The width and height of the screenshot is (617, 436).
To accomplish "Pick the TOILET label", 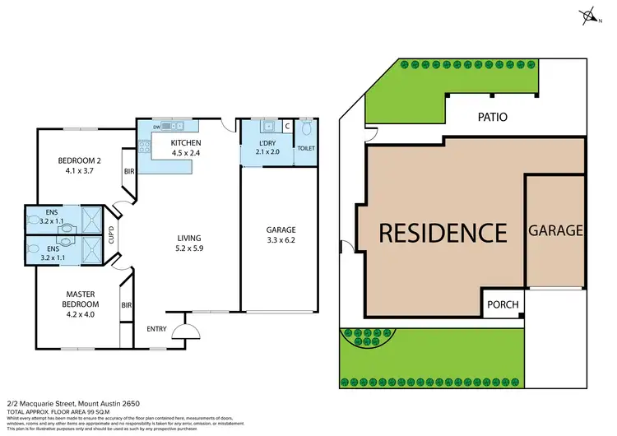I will click(306, 149).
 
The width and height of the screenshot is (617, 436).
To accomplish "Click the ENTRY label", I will click(156, 330).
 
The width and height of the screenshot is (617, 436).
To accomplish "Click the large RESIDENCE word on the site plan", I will click(443, 233).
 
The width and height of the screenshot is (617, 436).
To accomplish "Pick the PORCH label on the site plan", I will click(503, 304).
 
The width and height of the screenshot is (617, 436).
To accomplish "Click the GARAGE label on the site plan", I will click(556, 230).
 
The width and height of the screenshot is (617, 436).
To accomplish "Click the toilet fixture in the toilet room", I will click(307, 130).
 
